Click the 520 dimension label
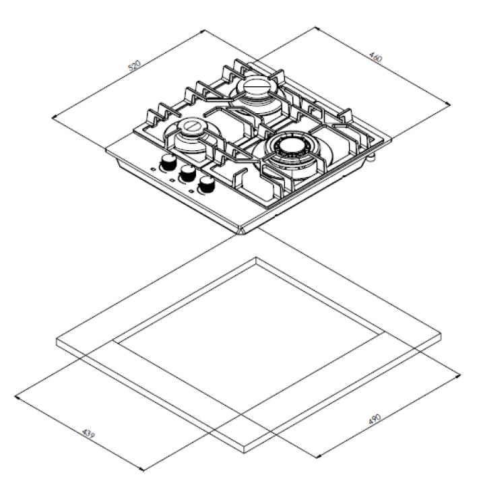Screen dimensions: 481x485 point(135,65)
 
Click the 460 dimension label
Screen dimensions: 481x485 point(376,57)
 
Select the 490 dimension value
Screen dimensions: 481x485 point(375,419)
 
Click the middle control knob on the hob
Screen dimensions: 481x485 point(188,173)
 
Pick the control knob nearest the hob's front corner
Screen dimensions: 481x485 point(207,185)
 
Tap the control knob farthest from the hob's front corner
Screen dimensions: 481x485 point(168,162)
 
